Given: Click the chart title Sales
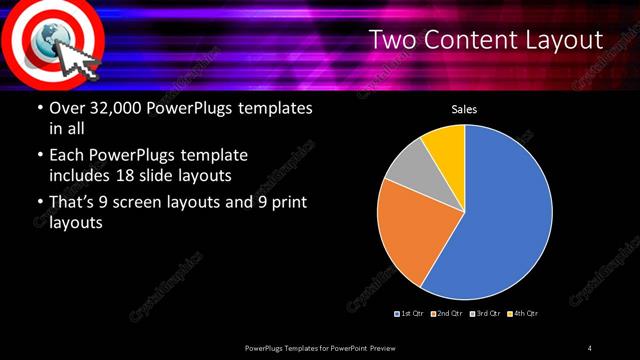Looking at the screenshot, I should (464, 109).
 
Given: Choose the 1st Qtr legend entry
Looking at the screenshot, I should (410, 314).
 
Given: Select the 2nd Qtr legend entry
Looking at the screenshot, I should (447, 314).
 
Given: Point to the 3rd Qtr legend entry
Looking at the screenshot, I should (483, 314).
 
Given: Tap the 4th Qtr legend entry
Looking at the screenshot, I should (521, 314).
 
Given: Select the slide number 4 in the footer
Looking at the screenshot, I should (590, 347).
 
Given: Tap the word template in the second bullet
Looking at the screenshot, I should (211, 156).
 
